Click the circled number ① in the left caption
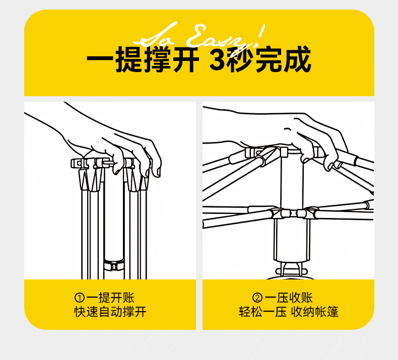(79, 298)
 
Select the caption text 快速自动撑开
(110, 312)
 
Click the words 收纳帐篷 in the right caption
(317, 312)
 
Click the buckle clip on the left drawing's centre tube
(113, 263)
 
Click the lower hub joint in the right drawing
(288, 213)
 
